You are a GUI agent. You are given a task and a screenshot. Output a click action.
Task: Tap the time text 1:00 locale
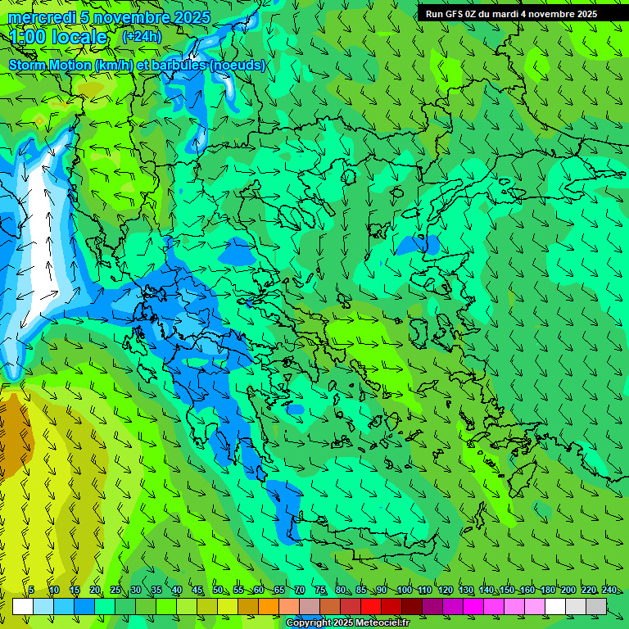tap(58, 37)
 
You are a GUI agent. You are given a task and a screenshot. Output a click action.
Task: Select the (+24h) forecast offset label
tap(142, 36)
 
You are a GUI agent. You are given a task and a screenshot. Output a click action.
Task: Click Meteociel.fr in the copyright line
tap(382, 623)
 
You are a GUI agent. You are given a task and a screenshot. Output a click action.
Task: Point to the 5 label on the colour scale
tap(31, 590)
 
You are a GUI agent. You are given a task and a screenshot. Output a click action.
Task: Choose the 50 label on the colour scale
tap(217, 590)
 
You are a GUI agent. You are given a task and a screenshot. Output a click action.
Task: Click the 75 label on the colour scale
tap(319, 590)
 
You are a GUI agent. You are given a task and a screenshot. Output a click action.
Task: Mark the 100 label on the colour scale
tap(404, 590)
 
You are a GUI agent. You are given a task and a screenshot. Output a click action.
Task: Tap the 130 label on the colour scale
tap(466, 590)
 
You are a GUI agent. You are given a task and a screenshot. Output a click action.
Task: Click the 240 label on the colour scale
tap(609, 590)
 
